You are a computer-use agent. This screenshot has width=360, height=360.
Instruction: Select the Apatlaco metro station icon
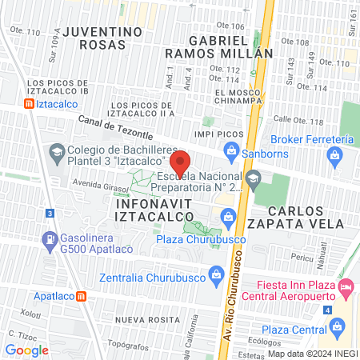pyautogui.click(x=82, y=296)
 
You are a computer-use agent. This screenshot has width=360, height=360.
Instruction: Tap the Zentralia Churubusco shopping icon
pyautogui.click(x=215, y=274)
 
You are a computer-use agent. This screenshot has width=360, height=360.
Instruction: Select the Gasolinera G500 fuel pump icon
pyautogui.click(x=50, y=238)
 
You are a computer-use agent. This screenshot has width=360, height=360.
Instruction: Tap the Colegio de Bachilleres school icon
pyautogui.click(x=56, y=150)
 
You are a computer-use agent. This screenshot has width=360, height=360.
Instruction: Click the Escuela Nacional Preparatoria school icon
pyautogui.click(x=254, y=178)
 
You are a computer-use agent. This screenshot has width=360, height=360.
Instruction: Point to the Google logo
pyautogui.click(x=26, y=350)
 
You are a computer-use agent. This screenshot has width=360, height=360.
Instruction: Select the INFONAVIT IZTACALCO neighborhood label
pyautogui.click(x=154, y=211)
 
